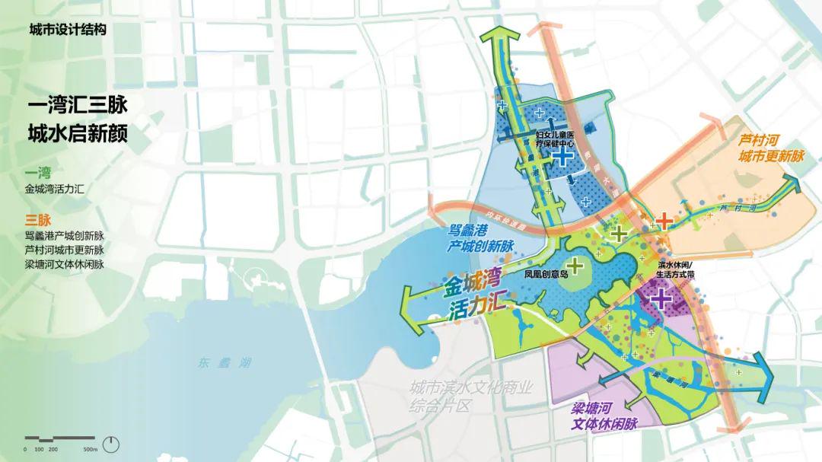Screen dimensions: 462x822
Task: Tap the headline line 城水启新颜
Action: tap(77, 133)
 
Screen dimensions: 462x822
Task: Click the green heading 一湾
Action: tap(37, 172)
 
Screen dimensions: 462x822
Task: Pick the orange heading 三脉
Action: tap(37, 220)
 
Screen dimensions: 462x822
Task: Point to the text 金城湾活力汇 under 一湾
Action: tap(59, 189)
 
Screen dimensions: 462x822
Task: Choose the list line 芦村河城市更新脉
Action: tap(64, 250)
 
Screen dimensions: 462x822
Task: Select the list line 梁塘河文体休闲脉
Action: tap(64, 264)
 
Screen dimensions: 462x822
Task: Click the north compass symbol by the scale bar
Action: tap(112, 443)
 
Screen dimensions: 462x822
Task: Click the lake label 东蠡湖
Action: tap(221, 362)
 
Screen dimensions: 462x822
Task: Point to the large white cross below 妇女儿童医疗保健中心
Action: tap(562, 158)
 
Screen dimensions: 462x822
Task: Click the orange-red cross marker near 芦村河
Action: tap(664, 221)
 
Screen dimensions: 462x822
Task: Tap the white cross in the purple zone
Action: tap(660, 298)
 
